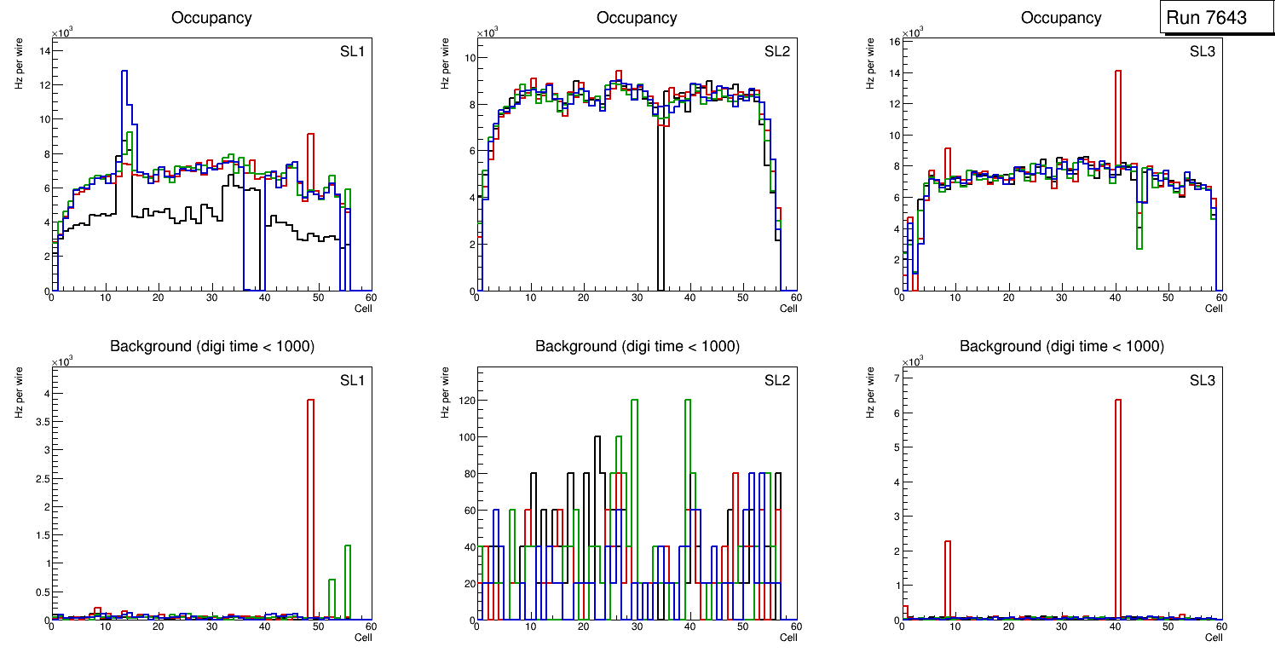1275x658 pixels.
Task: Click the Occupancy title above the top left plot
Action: (211, 18)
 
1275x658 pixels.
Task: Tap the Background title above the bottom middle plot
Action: (637, 346)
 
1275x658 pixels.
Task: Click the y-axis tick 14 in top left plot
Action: (44, 50)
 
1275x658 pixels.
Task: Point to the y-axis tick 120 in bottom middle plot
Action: (464, 400)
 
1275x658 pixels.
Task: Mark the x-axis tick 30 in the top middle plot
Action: (637, 297)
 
